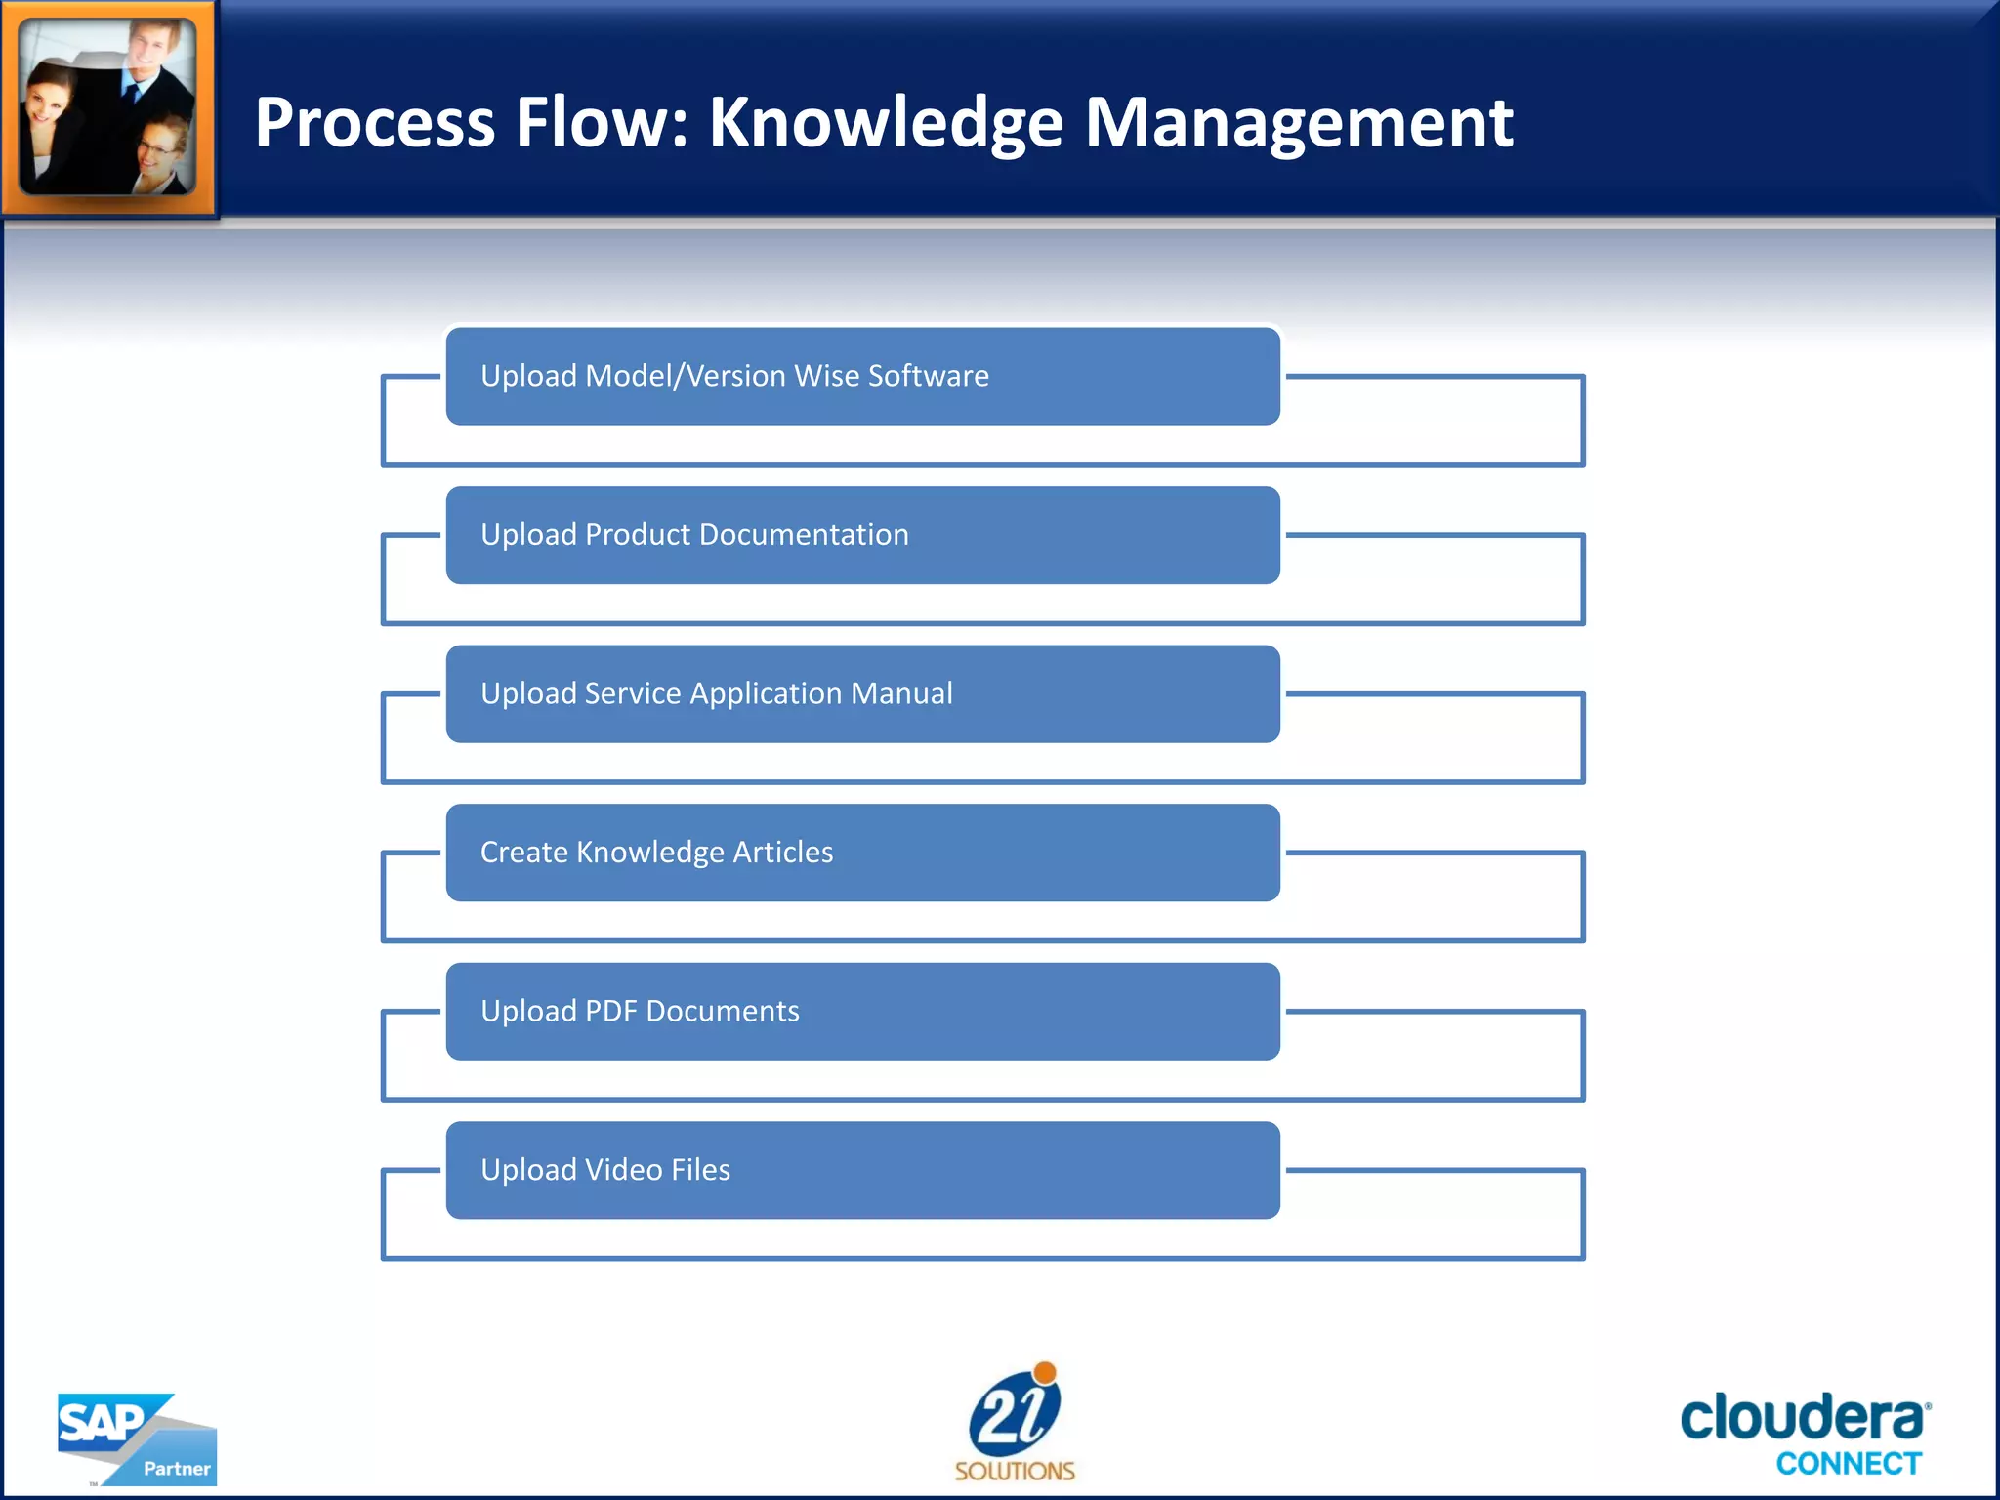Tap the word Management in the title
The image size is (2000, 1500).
coord(1299,123)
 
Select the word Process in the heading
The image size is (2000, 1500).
coord(374,123)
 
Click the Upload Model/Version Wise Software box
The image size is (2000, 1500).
coord(862,376)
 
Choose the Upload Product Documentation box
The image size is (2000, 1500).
coord(862,535)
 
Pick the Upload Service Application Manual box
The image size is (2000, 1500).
coord(862,694)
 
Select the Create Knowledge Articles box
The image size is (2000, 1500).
coord(862,853)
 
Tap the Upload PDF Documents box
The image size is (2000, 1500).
coord(862,1012)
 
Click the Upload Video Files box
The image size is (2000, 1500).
coord(862,1170)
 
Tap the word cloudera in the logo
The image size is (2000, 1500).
coord(1802,1418)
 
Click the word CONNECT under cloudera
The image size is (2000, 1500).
coord(1848,1464)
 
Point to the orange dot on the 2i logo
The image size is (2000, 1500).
coord(1045,1372)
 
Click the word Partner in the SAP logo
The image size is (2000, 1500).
coord(177,1469)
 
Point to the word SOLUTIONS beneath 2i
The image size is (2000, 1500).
coord(1014,1471)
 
